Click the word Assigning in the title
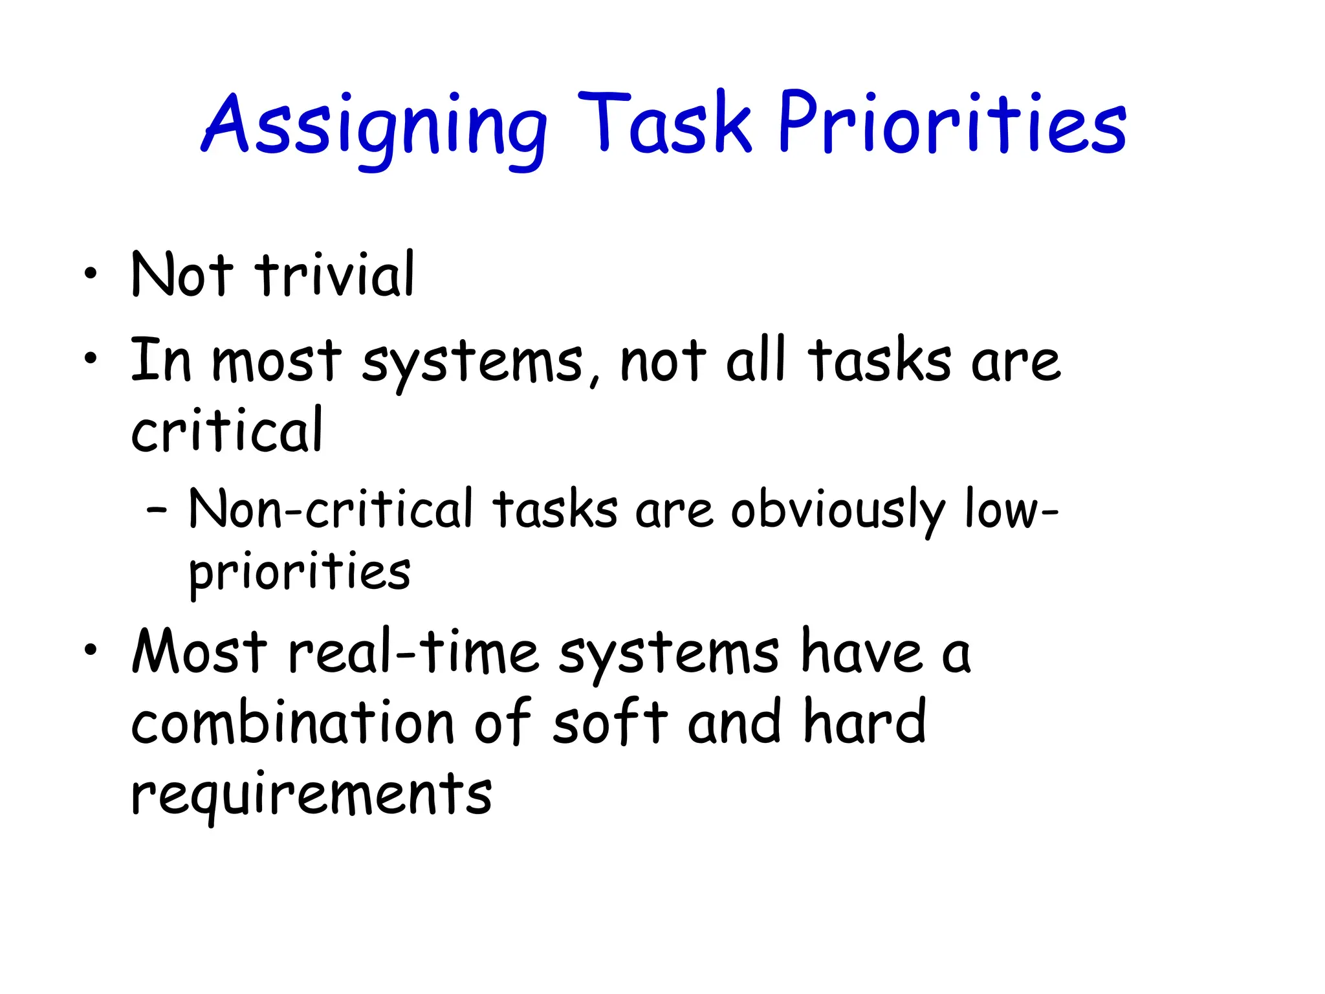coord(375,126)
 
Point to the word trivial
coord(334,275)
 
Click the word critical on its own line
coord(226,430)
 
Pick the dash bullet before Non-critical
coord(157,511)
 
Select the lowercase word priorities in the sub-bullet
coord(300,573)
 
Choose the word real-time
coord(413,652)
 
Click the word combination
coord(292,723)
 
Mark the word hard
coord(864,722)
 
